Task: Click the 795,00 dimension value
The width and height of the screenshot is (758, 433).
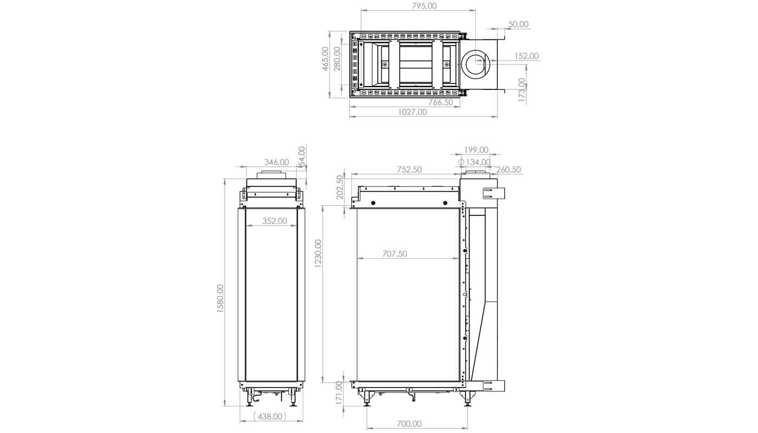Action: pos(424,6)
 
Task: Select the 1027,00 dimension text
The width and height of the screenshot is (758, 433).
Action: pos(412,112)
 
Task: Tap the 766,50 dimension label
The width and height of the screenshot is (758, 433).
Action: pos(441,102)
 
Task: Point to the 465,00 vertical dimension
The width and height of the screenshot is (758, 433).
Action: pos(325,59)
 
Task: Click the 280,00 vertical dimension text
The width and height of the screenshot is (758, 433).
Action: pos(337,59)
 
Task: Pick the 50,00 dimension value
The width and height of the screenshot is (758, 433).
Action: pos(519,24)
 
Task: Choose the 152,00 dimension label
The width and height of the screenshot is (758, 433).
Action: pos(526,56)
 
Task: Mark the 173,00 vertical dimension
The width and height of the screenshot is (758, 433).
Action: pos(521,90)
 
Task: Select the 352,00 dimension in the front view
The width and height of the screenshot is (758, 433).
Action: pos(275,221)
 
